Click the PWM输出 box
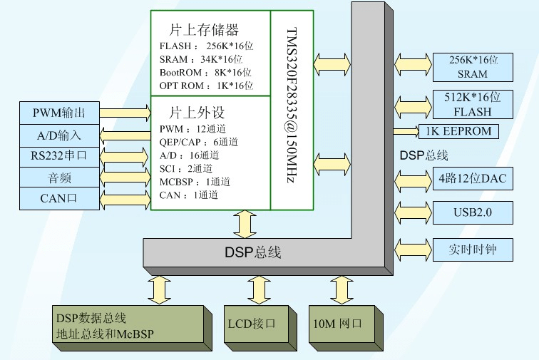tap(58, 113)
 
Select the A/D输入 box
tap(58, 135)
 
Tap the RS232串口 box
tap(58, 155)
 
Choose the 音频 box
tap(58, 177)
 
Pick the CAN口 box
tap(58, 198)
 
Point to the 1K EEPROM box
tap(468, 132)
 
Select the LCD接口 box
tap(257, 324)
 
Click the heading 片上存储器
tap(203, 30)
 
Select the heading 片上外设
tap(197, 113)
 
